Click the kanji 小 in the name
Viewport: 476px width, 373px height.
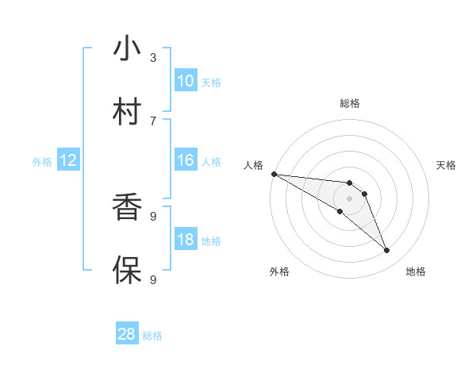126,49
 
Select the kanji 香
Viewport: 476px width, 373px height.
126,208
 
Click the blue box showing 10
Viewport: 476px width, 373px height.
186,81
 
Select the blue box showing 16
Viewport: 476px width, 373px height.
186,160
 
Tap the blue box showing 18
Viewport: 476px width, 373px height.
186,240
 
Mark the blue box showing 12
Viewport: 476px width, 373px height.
68,160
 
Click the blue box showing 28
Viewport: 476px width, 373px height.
127,334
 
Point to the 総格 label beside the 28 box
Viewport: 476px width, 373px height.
152,336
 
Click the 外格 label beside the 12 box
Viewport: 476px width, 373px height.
42,162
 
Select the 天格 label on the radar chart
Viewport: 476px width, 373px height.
447,165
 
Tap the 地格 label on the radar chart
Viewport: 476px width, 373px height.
416,271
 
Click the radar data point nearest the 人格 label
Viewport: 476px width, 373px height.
274,173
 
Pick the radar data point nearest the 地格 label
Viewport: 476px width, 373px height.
386,251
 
